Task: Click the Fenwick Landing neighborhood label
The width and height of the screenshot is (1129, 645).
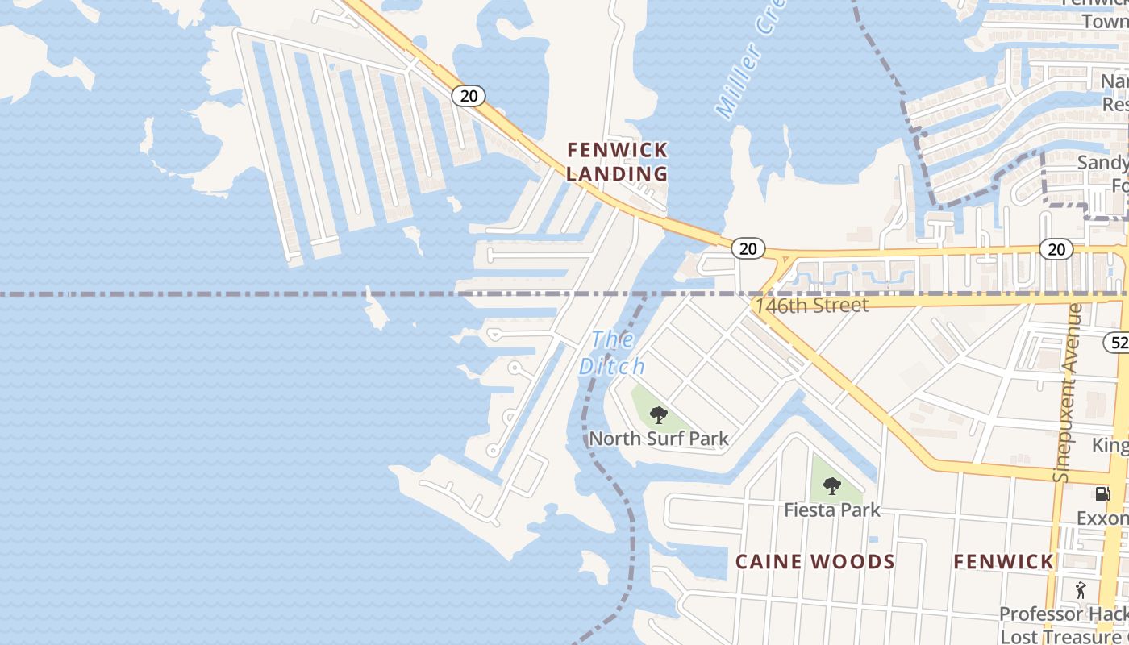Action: tap(618, 161)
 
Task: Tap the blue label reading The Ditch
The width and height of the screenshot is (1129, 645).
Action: tap(612, 353)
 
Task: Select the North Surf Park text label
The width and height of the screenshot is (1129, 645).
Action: tap(659, 439)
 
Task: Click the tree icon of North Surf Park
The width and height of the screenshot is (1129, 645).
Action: tap(659, 415)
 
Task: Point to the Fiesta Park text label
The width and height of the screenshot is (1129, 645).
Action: tap(832, 510)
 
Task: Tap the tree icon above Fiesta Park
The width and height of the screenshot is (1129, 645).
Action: tap(832, 486)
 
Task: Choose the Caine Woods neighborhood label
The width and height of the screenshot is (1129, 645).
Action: tap(814, 562)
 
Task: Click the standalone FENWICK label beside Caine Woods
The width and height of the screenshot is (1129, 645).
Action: tap(1003, 562)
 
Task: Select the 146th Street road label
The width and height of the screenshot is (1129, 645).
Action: tap(811, 306)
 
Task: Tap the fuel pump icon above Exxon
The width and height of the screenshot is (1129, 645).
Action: tap(1102, 493)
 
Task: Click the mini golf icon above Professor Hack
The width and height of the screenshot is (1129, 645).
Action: tap(1081, 590)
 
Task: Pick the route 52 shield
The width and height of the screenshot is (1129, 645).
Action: tap(1117, 341)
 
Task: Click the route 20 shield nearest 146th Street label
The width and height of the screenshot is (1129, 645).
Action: tap(748, 248)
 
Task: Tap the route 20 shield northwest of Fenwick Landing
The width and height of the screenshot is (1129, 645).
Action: tap(468, 96)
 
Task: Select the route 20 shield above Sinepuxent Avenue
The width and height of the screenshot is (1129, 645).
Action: tap(1056, 250)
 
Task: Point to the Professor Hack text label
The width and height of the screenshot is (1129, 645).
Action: tap(1063, 614)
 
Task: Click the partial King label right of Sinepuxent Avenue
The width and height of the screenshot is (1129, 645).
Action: tap(1110, 445)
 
